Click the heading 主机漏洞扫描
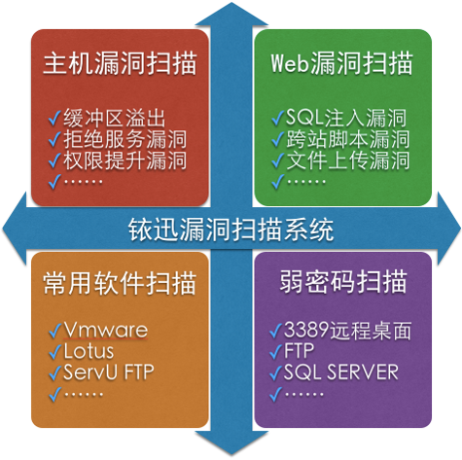pos(120,63)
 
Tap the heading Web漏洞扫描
pos(341,63)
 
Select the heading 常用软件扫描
pos(120,283)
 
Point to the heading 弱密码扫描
pos(343,282)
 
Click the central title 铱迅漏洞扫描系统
pos(231,230)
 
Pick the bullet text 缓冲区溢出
pos(115,118)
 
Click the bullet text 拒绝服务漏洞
pos(124,139)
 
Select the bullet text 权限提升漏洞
pos(124,160)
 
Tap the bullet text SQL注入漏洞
pos(346,118)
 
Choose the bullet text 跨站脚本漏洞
pos(347,139)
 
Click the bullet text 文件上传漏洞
pos(347,160)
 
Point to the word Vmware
pos(106,330)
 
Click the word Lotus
pos(89,351)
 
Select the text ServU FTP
pos(109,372)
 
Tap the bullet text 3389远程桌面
pos(347,331)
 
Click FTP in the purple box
pos(300,350)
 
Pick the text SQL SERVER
pos(340,372)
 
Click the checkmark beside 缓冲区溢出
pos(54,118)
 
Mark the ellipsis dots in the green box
pos(306,182)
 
